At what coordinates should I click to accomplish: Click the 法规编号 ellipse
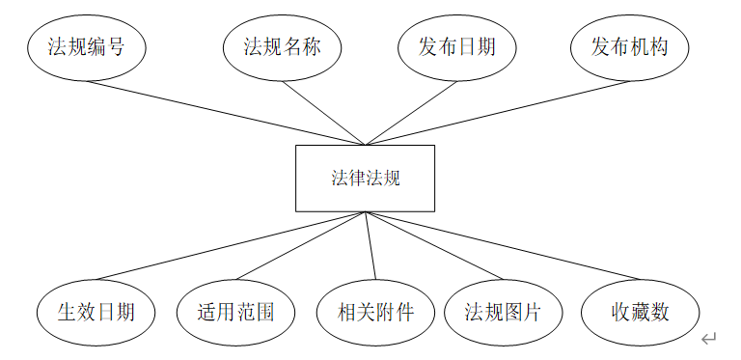(86, 46)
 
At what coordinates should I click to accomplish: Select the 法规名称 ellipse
(283, 46)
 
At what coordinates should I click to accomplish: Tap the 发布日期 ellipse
(456, 46)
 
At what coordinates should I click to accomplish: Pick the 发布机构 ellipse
(629, 46)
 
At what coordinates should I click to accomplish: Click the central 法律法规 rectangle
(365, 179)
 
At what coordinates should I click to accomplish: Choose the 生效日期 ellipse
(96, 312)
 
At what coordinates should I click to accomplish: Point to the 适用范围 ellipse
(236, 312)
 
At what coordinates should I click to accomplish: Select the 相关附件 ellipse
(375, 312)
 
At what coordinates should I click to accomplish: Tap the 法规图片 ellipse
(503, 312)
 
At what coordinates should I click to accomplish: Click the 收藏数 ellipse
(640, 312)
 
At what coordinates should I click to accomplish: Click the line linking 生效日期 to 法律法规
(232, 247)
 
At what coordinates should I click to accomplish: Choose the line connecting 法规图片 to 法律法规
(434, 247)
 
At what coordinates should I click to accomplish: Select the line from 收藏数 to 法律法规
(502, 247)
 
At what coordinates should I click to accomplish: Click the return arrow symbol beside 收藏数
(709, 338)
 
